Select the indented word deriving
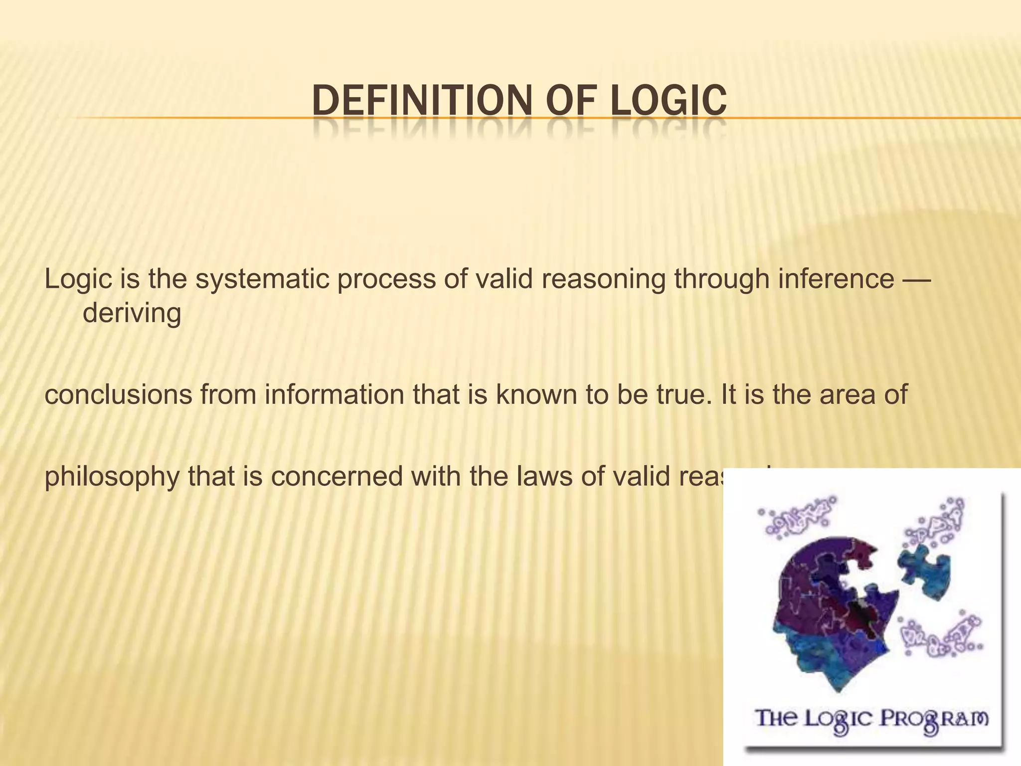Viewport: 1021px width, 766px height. pos(132,313)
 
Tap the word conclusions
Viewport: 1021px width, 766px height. pos(118,394)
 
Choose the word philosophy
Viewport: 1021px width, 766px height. pos(112,477)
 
